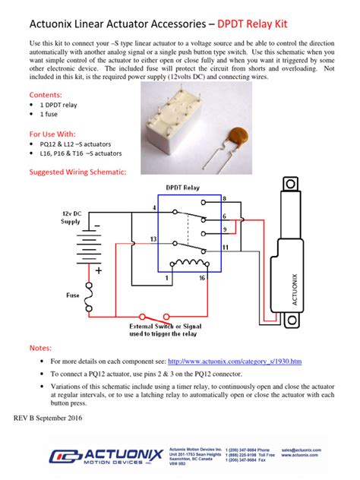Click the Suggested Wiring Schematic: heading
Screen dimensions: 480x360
coord(77,172)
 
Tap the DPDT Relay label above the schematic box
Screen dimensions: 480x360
coord(184,187)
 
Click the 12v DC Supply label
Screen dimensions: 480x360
coord(71,218)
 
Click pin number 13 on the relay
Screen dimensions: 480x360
coord(154,238)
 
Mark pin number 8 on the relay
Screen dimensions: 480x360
coord(223,198)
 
